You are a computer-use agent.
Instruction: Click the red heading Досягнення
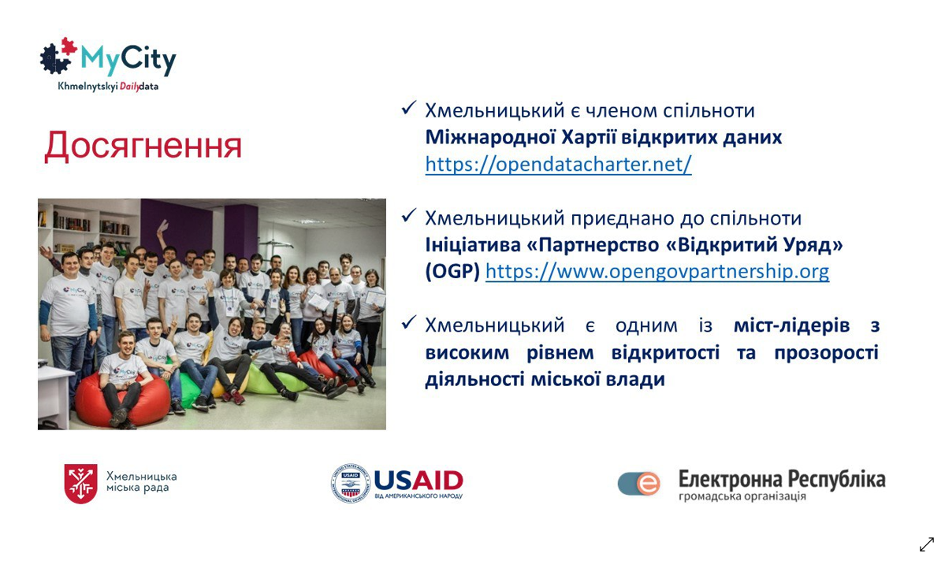coord(143,146)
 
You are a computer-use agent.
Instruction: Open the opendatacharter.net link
coord(558,164)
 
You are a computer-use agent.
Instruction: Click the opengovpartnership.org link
coord(657,271)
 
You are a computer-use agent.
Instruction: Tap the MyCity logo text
coord(128,59)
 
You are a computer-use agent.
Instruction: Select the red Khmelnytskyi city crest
coord(80,483)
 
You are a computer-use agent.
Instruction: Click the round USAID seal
coord(350,483)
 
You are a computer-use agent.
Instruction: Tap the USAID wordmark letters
coord(419,481)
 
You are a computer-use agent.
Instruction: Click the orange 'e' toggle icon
coord(639,483)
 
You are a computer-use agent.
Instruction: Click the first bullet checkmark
coord(408,108)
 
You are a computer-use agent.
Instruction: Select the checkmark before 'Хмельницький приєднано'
coord(408,215)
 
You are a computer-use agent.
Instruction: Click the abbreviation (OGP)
coord(452,271)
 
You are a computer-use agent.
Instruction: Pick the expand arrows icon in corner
coord(926,544)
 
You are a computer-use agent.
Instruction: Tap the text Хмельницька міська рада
coord(142,481)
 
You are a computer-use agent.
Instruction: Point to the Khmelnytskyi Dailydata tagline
coord(108,86)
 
